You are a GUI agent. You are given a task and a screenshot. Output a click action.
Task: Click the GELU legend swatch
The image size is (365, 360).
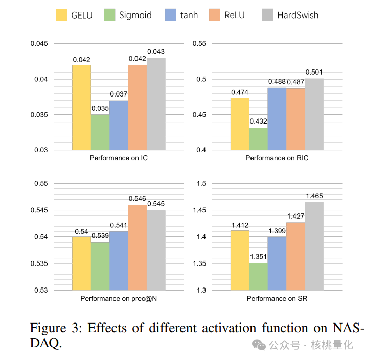click(61, 15)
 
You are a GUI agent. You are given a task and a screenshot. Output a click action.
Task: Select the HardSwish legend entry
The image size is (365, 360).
click(298, 15)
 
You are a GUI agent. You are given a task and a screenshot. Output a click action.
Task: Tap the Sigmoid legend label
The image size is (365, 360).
click(135, 15)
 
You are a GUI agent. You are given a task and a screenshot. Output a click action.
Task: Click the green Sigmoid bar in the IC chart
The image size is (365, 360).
click(100, 132)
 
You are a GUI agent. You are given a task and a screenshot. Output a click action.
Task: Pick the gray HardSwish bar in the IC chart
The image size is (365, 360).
click(156, 104)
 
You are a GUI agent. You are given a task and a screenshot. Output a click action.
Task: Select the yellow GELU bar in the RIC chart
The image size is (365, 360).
click(240, 124)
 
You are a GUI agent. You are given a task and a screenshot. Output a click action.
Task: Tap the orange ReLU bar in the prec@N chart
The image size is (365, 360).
click(138, 248)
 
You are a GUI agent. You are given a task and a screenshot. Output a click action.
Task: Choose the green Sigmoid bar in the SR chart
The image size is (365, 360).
click(259, 277)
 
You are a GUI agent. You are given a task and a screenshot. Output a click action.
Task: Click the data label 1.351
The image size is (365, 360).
click(259, 257)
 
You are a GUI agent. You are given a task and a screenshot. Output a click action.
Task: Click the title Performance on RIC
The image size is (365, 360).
click(277, 158)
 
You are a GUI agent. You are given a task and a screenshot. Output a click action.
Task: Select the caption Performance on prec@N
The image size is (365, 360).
click(119, 298)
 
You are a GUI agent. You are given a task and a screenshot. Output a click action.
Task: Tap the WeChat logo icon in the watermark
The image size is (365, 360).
click(261, 345)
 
